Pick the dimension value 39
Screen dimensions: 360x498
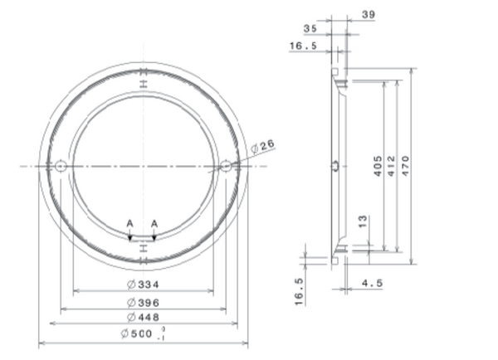[369, 14]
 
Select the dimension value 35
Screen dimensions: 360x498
[310, 28]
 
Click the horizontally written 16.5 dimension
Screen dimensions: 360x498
[303, 46]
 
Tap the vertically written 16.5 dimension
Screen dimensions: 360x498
[300, 292]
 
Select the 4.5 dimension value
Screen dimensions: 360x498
[373, 284]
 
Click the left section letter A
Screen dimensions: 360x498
[129, 223]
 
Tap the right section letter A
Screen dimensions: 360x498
[155, 223]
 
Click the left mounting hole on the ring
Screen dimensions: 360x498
[61, 167]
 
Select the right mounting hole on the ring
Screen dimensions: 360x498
[225, 167]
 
